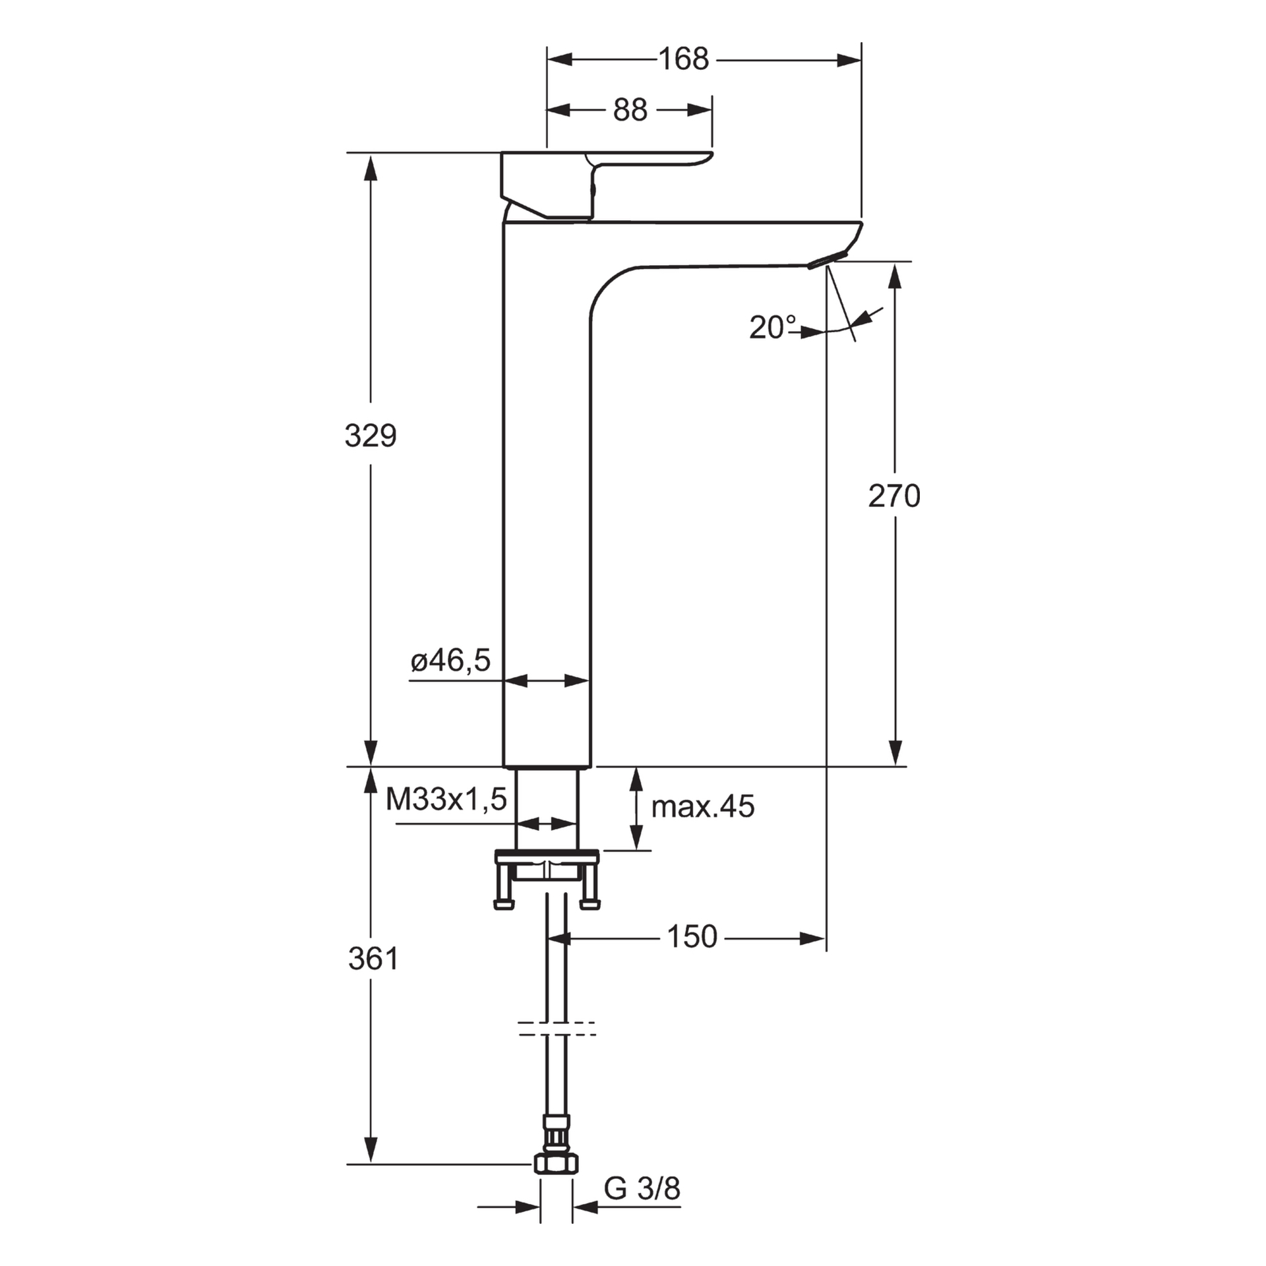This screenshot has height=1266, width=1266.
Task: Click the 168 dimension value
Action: (684, 59)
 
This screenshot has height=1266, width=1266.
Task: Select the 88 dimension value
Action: (630, 110)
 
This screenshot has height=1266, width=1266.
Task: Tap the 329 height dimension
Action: (371, 436)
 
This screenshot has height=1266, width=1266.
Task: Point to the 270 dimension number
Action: (894, 496)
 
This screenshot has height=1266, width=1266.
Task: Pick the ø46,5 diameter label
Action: (451, 660)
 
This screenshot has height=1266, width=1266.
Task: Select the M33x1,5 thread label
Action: (446, 799)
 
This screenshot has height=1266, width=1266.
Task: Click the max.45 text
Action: (703, 806)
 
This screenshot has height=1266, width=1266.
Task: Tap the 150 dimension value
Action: (692, 936)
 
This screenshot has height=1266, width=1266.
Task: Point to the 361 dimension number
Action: (373, 959)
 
